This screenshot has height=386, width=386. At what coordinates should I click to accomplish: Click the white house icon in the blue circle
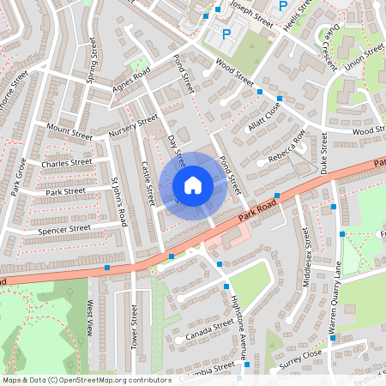point(193,185)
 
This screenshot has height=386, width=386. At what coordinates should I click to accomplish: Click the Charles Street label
point(66,162)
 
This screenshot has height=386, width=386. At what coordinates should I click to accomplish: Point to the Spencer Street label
point(63,230)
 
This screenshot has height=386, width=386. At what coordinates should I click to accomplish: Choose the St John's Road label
point(119,202)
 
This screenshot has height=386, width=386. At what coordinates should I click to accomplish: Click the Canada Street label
point(209,330)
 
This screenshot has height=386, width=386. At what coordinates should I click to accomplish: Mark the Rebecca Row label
point(286,148)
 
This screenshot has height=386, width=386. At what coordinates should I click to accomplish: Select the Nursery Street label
point(134,126)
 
